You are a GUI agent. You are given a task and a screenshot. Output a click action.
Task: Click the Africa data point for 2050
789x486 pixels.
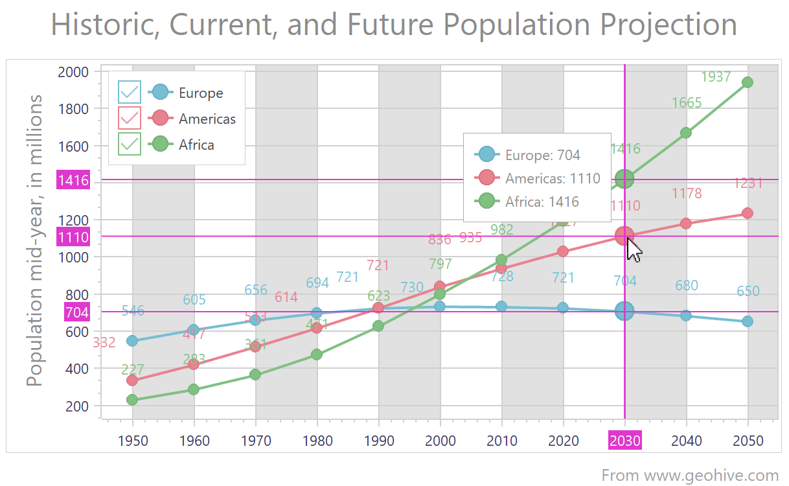pyautogui.click(x=747, y=82)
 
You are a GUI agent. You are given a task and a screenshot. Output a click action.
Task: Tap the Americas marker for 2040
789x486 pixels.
pyautogui.click(x=685, y=224)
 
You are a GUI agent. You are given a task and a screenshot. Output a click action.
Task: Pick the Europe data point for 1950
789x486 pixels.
pyautogui.click(x=132, y=341)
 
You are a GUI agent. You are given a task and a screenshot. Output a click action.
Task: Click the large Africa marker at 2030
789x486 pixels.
pyautogui.click(x=624, y=179)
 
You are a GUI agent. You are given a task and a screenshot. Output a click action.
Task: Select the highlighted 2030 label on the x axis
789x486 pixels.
pyautogui.click(x=624, y=441)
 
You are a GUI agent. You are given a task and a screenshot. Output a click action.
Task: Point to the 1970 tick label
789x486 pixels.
pyautogui.click(x=256, y=441)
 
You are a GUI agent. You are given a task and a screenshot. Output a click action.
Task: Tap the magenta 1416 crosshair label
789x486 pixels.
pyautogui.click(x=73, y=179)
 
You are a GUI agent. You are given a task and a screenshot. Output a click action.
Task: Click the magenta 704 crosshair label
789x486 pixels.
pyautogui.click(x=76, y=312)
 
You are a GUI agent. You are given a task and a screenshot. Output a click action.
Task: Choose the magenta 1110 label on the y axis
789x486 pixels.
pyautogui.click(x=73, y=237)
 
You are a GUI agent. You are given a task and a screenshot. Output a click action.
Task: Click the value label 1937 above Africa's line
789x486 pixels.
pyautogui.click(x=716, y=77)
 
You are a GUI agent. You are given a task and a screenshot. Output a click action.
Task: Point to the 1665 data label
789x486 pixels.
pyautogui.click(x=687, y=102)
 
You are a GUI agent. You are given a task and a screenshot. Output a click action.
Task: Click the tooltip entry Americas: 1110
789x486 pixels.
pyautogui.click(x=553, y=178)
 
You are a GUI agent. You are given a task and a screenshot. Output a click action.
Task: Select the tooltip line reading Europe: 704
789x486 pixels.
pyautogui.click(x=543, y=155)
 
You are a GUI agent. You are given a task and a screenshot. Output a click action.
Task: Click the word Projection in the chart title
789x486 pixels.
pyautogui.click(x=668, y=25)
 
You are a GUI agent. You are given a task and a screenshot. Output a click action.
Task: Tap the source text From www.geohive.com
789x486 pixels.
pyautogui.click(x=690, y=475)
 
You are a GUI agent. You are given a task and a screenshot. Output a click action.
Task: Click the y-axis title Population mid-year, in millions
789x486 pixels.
pyautogui.click(x=36, y=240)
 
